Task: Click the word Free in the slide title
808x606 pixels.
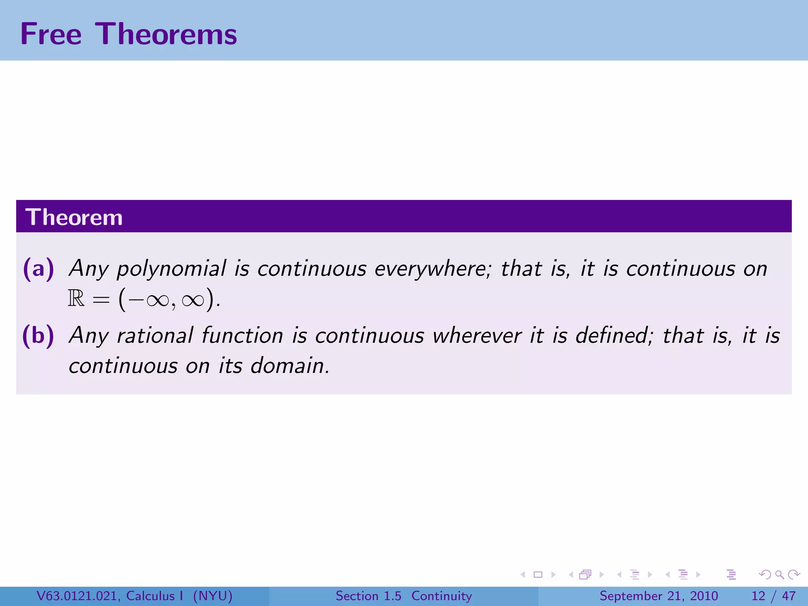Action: click(x=51, y=34)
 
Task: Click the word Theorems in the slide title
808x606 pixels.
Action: click(x=166, y=34)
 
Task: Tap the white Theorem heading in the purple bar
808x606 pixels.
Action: click(x=74, y=217)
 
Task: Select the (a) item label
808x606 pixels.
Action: click(x=38, y=269)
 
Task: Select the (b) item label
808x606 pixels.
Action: click(x=38, y=336)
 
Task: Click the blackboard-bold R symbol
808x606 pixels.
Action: click(x=76, y=299)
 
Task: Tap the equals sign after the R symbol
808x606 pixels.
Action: click(x=101, y=300)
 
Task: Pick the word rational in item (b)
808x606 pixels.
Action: click(x=155, y=336)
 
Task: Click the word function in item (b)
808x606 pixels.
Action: click(x=242, y=336)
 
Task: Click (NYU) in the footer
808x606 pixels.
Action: click(x=212, y=596)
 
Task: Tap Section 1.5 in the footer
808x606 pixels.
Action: click(x=368, y=596)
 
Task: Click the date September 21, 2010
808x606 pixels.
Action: click(x=658, y=596)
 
